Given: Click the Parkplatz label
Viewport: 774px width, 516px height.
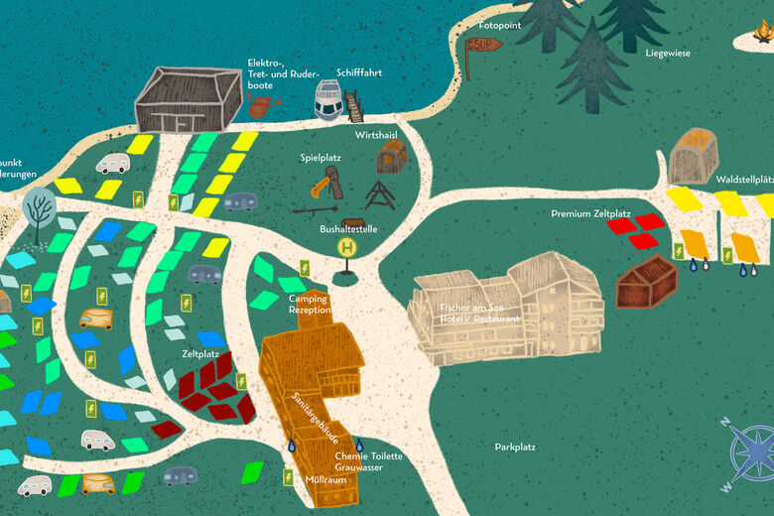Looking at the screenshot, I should point(515,447).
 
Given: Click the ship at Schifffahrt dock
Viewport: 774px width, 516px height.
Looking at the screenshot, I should point(328,99).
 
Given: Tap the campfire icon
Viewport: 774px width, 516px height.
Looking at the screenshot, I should point(759,35).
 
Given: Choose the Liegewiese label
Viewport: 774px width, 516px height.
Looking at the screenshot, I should point(668,53).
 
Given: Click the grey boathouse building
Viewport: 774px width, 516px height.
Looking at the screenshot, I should point(188,100).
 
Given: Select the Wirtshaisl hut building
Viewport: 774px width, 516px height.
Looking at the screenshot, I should point(393,157).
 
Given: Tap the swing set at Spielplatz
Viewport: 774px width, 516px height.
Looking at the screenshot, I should point(379,194).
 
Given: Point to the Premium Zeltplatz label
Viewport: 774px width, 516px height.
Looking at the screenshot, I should point(591,213).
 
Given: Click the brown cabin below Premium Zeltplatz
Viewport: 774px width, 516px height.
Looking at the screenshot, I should point(646,282).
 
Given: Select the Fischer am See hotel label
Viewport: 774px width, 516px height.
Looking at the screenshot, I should point(480,313).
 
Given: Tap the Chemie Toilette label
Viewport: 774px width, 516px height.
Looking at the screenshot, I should point(369,455).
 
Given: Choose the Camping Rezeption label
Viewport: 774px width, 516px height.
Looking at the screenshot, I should point(309,304).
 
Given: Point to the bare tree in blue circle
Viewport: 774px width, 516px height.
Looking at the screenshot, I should point(41,208).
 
